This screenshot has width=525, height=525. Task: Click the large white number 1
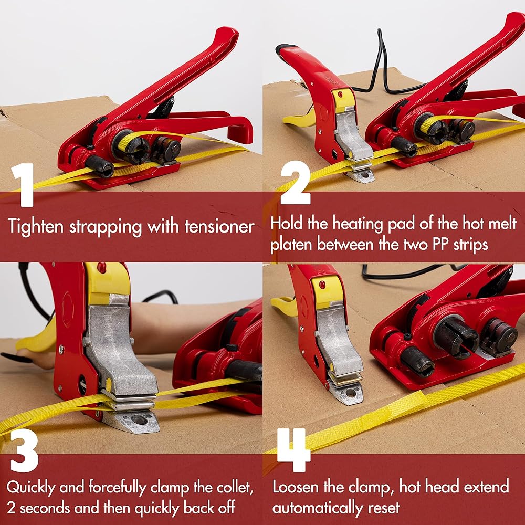[23, 185]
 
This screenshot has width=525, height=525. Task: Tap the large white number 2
[295, 183]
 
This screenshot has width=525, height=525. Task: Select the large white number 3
[24, 450]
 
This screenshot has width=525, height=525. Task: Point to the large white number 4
[294, 450]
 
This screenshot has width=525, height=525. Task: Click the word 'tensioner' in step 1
[219, 227]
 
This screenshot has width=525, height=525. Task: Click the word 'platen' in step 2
[291, 245]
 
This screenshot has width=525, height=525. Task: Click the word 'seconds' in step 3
[46, 508]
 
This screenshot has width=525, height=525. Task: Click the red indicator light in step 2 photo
[341, 94]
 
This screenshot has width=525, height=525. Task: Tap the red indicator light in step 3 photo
[101, 268]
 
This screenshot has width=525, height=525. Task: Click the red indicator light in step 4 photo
[322, 285]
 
